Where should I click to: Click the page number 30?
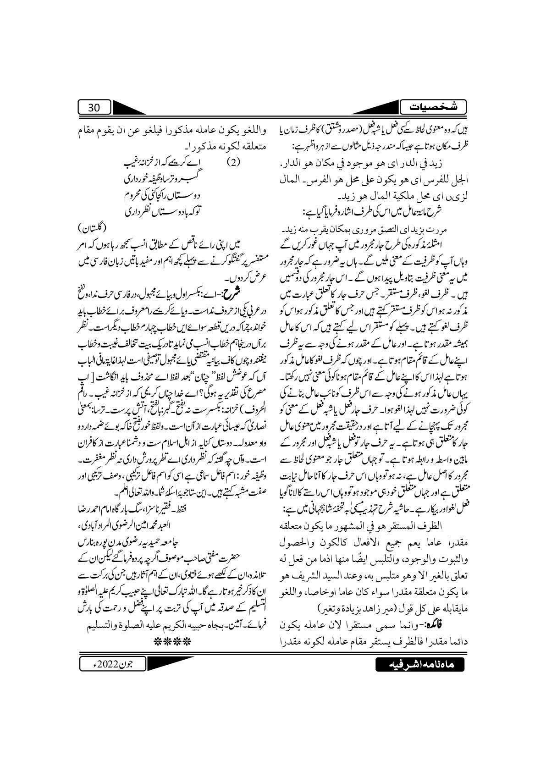tap(94, 108)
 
